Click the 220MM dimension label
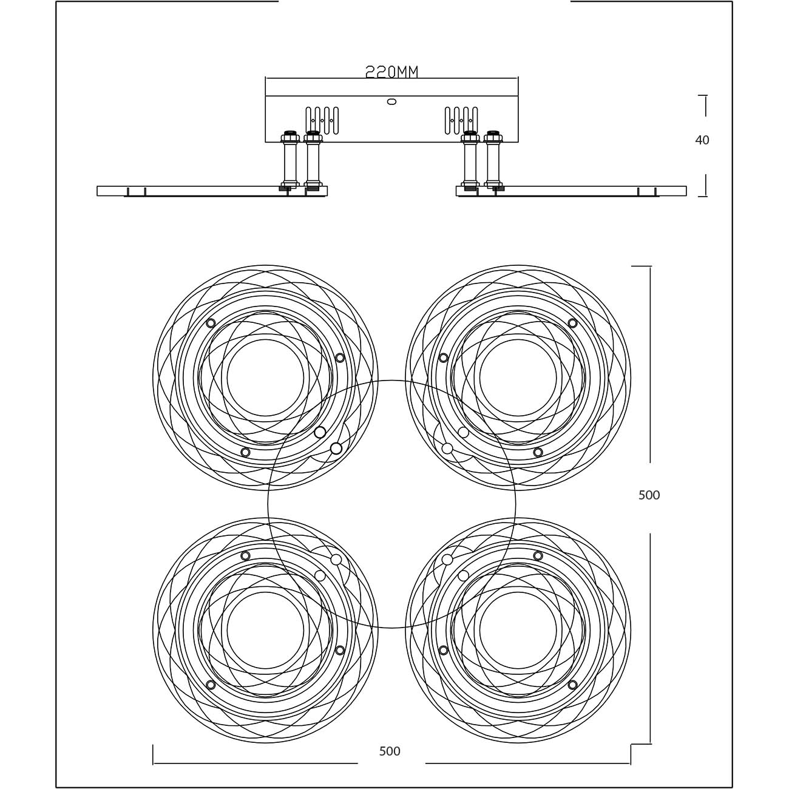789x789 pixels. pyautogui.click(x=391, y=72)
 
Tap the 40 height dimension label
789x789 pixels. pyautogui.click(x=702, y=140)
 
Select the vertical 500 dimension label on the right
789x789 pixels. pyautogui.click(x=649, y=495)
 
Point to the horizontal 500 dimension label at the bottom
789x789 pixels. pyautogui.click(x=390, y=751)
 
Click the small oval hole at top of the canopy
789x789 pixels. pyautogui.click(x=391, y=101)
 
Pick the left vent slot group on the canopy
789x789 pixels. pyautogui.click(x=322, y=121)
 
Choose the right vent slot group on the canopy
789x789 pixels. pyautogui.click(x=461, y=121)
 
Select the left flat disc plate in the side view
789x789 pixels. pyautogui.click(x=212, y=191)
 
